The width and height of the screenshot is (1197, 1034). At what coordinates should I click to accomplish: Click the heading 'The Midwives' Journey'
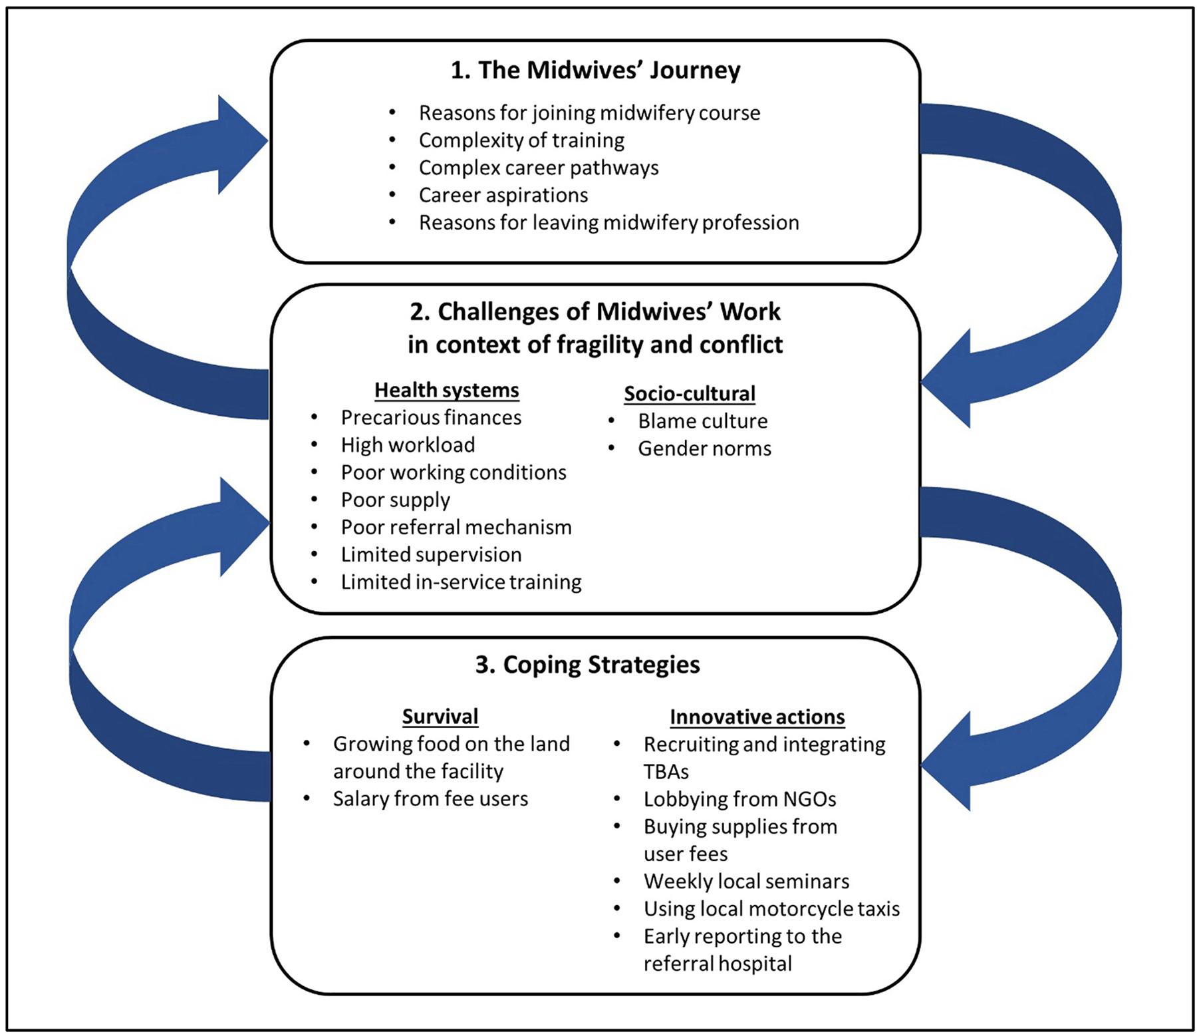tap(595, 70)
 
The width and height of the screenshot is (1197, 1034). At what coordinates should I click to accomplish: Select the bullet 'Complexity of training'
tap(521, 140)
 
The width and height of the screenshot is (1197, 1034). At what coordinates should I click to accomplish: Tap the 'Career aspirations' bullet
tap(503, 195)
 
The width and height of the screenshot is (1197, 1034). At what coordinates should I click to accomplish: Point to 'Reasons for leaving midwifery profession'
tap(608, 222)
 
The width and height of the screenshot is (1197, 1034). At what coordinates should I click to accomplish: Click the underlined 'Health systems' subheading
tap(446, 390)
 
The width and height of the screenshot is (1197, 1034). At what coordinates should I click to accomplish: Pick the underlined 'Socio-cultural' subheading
tap(690, 393)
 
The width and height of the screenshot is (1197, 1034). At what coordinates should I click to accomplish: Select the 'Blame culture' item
tap(702, 421)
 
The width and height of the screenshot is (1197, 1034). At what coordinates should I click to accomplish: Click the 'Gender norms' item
tap(704, 448)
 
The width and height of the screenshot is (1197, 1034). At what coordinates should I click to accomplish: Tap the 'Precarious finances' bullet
tap(431, 417)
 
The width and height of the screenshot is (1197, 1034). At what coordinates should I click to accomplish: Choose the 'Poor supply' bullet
tap(395, 500)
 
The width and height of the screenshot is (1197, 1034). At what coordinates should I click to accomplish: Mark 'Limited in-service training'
tap(461, 582)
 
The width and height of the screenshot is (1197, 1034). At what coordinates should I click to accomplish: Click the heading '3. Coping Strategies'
tap(588, 665)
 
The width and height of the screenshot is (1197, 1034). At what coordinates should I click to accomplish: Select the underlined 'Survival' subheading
tap(440, 717)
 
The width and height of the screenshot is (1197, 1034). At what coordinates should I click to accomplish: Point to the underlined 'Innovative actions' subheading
tap(757, 717)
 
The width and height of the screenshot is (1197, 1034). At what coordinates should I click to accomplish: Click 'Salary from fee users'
tap(430, 798)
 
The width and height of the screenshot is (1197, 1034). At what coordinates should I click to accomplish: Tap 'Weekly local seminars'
tap(746, 881)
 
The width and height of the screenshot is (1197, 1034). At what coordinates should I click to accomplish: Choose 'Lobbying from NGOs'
tap(739, 799)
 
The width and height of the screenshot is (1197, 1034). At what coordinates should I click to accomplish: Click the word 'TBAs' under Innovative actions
tap(666, 772)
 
